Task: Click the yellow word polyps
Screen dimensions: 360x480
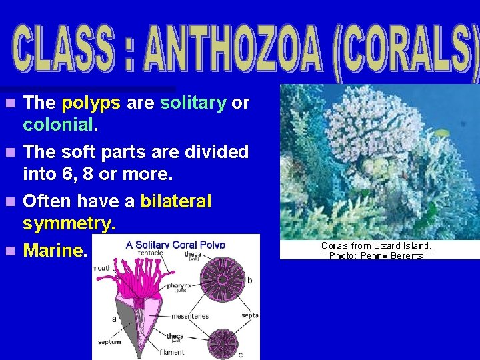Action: click(91, 103)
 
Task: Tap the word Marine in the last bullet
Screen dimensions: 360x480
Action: click(53, 251)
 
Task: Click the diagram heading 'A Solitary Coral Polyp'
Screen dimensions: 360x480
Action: click(175, 244)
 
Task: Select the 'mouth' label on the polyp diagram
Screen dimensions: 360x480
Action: click(103, 269)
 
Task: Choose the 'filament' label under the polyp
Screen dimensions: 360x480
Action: click(171, 352)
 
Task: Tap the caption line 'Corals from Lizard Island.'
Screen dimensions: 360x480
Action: click(376, 245)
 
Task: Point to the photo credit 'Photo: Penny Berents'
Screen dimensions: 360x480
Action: click(376, 255)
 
